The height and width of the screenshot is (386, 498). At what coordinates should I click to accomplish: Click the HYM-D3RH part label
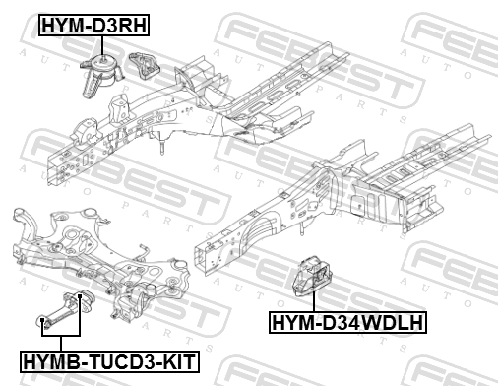pyautogui.click(x=93, y=25)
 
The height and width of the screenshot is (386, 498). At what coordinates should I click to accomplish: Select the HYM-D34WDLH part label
pyautogui.click(x=347, y=322)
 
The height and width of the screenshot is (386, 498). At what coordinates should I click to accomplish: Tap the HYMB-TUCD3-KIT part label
pyautogui.click(x=109, y=361)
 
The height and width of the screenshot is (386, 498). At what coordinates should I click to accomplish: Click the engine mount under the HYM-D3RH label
pyautogui.click(x=100, y=77)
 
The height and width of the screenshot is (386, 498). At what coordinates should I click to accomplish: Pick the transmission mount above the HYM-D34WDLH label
pyautogui.click(x=312, y=276)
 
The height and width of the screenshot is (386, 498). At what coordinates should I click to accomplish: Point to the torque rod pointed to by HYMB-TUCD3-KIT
pyautogui.click(x=65, y=308)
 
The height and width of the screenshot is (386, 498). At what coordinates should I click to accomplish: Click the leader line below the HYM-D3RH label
pyautogui.click(x=102, y=47)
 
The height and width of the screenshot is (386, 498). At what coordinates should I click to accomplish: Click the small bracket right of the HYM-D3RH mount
pyautogui.click(x=144, y=66)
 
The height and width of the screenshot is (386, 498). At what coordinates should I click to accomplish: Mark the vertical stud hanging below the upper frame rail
pyautogui.click(x=162, y=146)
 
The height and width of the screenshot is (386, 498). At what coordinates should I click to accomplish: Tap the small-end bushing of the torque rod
pyautogui.click(x=42, y=321)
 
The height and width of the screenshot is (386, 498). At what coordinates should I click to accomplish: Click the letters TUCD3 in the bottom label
pyautogui.click(x=120, y=361)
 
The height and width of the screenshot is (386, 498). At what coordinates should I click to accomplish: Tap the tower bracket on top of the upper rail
pyautogui.click(x=120, y=108)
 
